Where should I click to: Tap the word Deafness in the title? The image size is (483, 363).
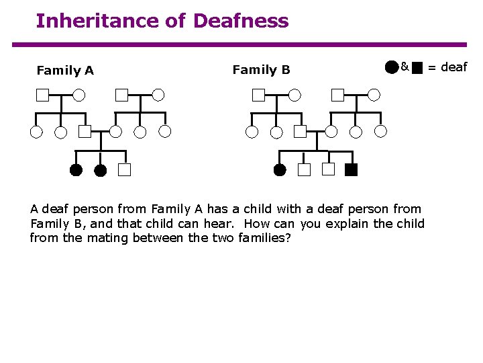coord(241,21)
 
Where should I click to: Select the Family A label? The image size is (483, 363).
coord(65,70)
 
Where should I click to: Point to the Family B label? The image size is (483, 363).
coord(261,69)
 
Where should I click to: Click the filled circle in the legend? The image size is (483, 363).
coord(392,67)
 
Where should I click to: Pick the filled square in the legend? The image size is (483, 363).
coord(417,67)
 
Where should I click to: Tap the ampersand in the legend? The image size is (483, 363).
coord(405,67)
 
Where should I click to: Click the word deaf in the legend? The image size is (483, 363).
coord(453,67)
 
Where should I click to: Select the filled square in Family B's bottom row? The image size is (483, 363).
coord(352,169)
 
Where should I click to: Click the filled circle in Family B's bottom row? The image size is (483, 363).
coord(280,169)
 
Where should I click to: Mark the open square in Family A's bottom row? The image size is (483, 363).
coord(124,169)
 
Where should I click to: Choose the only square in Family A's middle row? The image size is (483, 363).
coord(85,131)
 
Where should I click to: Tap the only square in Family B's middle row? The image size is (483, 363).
coord(300,131)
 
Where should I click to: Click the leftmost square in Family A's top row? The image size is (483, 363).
coord(42,95)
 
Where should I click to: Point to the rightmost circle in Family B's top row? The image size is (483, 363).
coord(374,95)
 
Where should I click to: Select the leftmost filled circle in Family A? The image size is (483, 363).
coord(76,169)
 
